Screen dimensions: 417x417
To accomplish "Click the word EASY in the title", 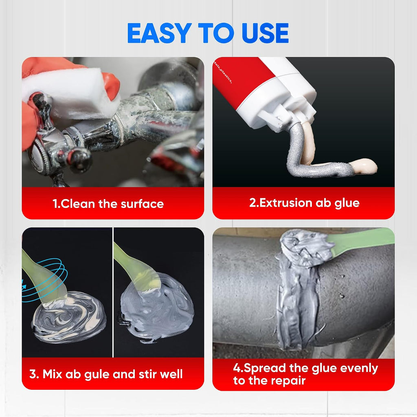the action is [159, 33].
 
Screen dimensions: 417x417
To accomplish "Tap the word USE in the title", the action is [265, 33].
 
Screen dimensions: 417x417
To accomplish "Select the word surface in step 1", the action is [142, 204].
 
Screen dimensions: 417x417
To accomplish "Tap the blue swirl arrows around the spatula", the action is [45, 279].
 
